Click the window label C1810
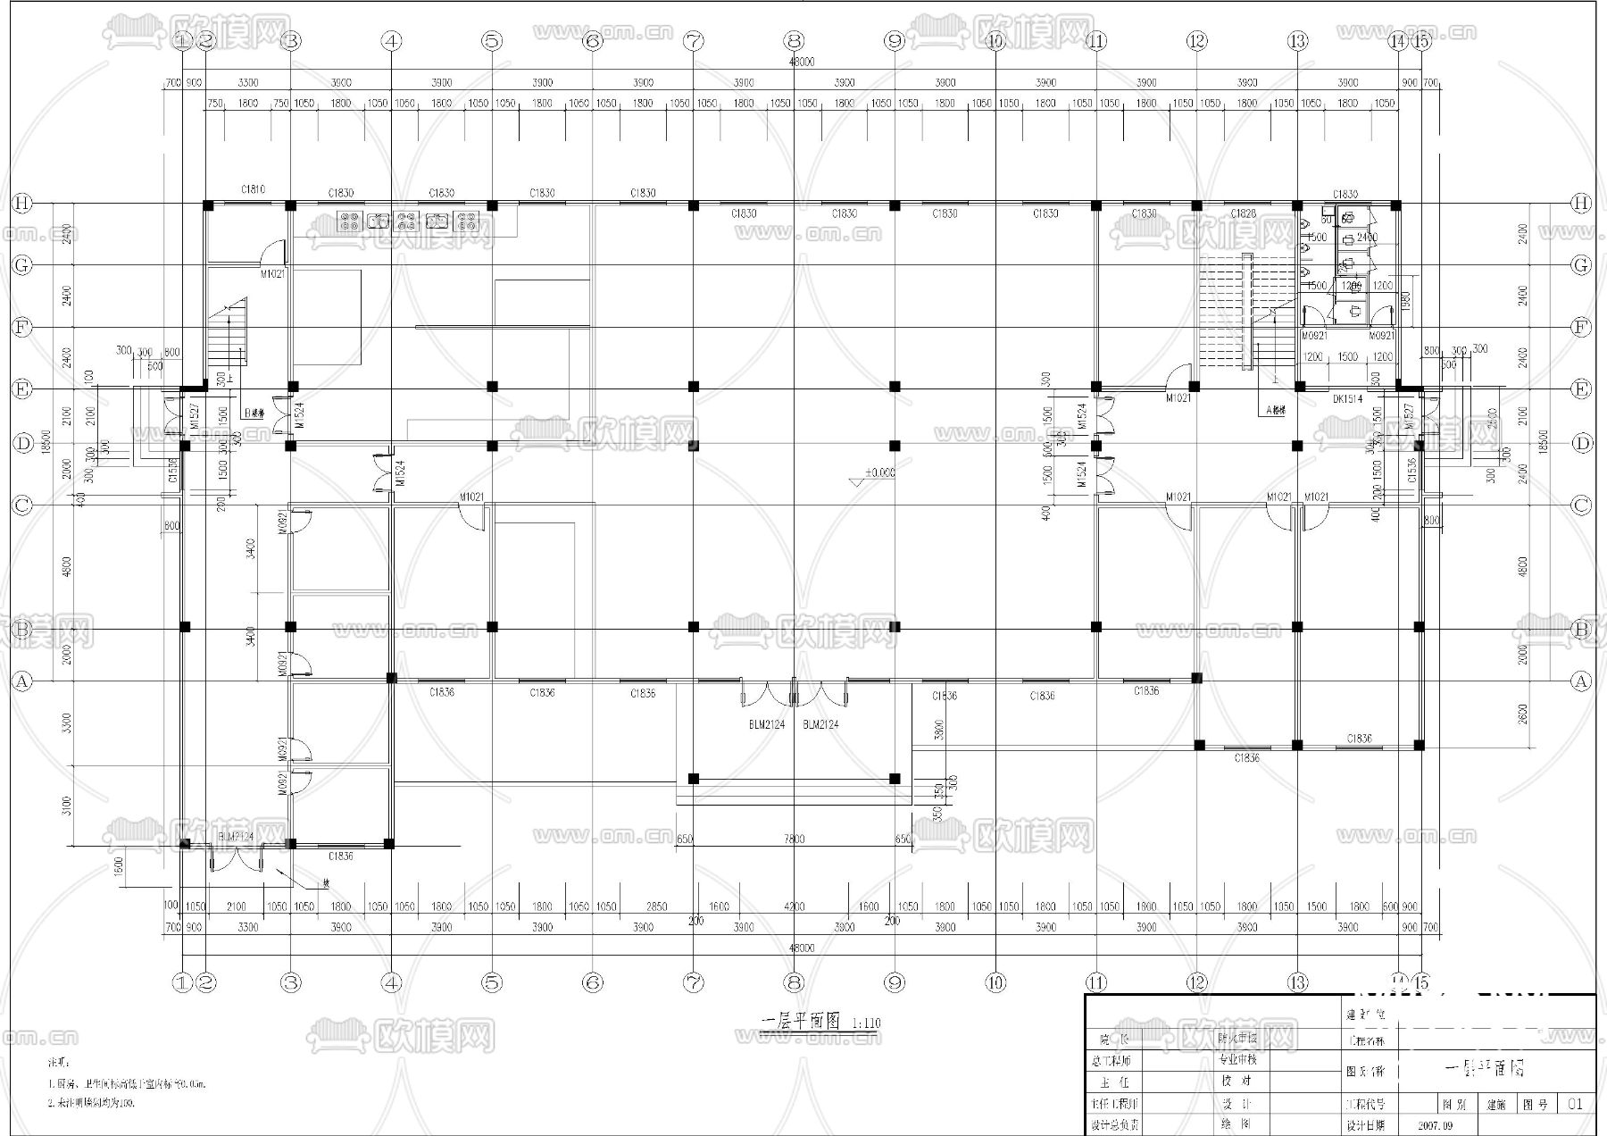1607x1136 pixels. pos(253,189)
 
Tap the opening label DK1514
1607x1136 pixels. pos(1347,399)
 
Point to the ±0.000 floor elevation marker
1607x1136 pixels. pos(878,472)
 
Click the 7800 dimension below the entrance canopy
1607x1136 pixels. pos(794,839)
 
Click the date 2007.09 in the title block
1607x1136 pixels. pos(1435,1126)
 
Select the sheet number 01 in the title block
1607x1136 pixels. pos(1575,1104)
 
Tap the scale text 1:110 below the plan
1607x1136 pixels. pos(866,1023)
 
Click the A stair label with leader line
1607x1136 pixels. pos(1276,412)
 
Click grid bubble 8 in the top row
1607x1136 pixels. pos(795,40)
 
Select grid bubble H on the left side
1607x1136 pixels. pos(21,204)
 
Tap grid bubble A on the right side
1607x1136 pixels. pos(1581,681)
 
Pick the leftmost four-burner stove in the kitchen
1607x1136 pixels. pos(348,220)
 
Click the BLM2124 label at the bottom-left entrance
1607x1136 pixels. pos(237,837)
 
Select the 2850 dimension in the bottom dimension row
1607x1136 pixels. pos(656,906)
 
